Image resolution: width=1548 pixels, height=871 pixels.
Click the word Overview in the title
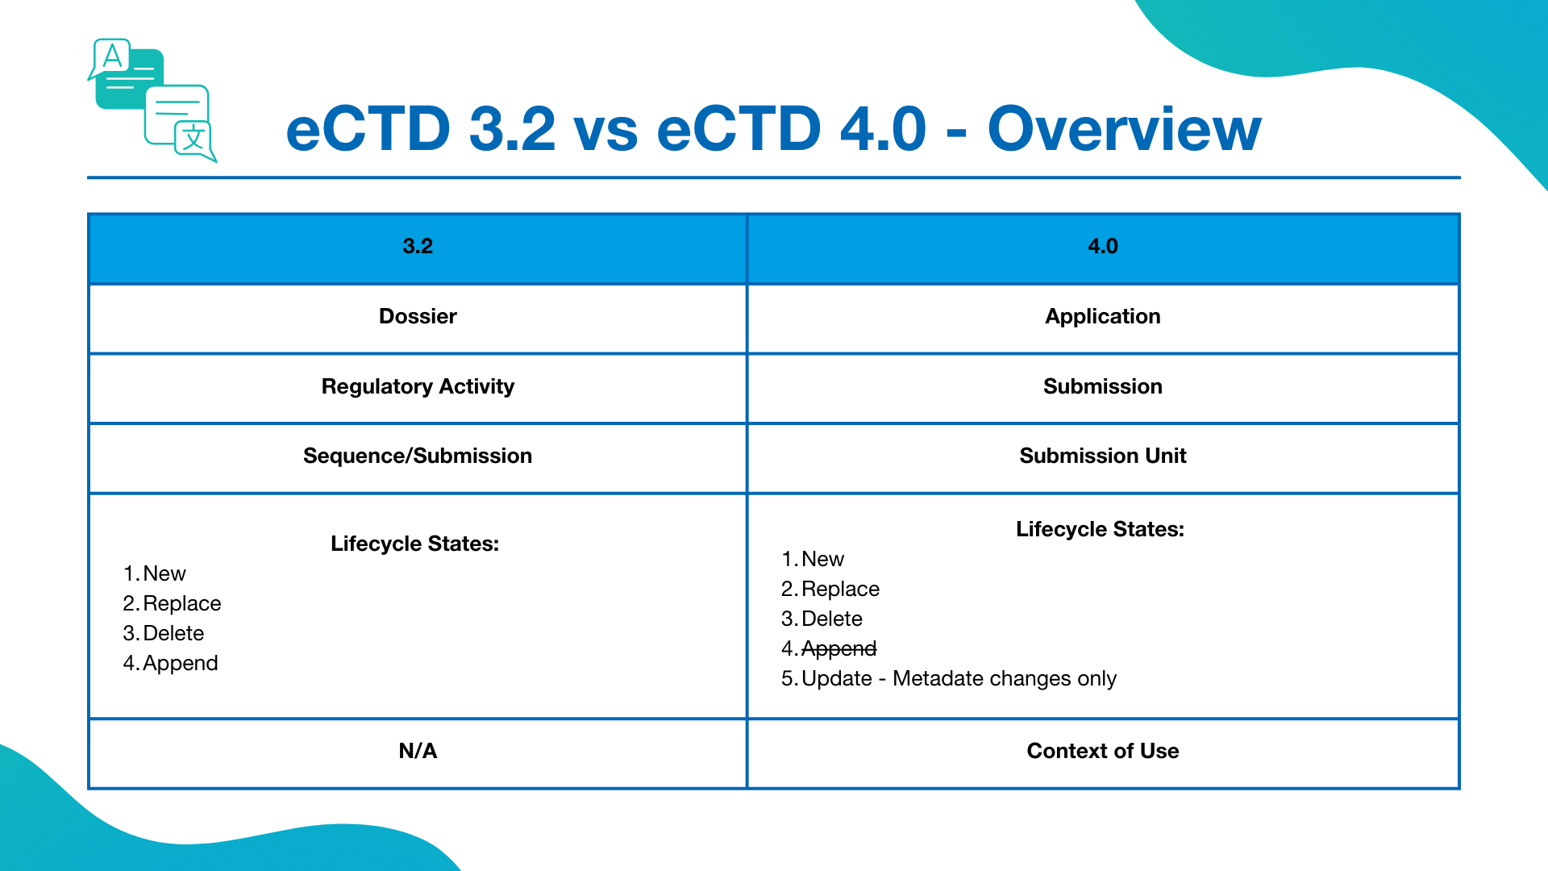(1124, 129)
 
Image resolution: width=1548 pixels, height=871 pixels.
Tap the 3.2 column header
(418, 247)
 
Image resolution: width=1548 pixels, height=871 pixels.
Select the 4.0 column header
(1102, 247)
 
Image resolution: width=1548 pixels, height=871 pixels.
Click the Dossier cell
(418, 316)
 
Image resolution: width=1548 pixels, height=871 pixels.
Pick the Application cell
(1102, 316)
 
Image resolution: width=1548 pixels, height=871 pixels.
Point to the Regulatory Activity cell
(418, 386)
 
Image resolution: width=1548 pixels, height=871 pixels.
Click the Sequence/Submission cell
(418, 456)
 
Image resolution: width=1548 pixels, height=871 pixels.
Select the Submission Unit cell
(1102, 456)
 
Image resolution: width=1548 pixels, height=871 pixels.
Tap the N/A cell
(418, 751)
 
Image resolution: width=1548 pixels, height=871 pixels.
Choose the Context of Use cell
(1102, 751)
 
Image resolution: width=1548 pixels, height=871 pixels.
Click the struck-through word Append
(838, 648)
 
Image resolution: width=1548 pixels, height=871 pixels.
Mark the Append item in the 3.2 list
(180, 663)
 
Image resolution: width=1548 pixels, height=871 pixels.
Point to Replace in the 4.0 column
(840, 589)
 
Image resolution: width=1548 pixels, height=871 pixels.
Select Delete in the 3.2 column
(173, 633)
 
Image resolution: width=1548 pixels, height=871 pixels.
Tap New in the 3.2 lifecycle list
(164, 573)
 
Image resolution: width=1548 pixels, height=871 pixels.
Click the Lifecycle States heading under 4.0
(1100, 529)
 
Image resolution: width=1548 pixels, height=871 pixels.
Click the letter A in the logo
(113, 56)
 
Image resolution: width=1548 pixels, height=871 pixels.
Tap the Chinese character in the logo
(193, 138)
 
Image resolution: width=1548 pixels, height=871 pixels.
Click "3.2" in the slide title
(512, 129)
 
